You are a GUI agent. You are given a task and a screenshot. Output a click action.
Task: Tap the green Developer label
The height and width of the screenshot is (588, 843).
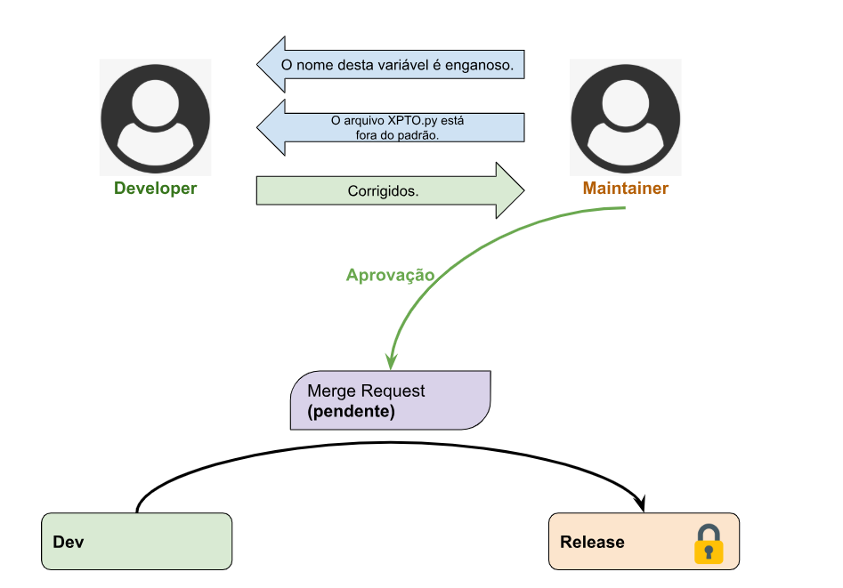tap(156, 189)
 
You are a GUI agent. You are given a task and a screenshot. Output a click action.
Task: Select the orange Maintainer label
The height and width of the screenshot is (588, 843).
tap(626, 189)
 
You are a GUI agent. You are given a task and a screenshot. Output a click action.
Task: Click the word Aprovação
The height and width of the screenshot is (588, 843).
tap(390, 275)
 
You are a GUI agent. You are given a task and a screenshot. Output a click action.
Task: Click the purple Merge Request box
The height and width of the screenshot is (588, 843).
tap(391, 401)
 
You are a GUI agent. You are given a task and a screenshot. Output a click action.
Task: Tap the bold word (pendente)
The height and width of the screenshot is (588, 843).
tap(351, 413)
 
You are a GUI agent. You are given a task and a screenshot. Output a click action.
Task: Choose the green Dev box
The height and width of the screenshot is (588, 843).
tap(136, 542)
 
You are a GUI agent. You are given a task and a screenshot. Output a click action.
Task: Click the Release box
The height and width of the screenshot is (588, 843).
tap(644, 542)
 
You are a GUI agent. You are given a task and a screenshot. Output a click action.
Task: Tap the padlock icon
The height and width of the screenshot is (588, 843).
tap(709, 544)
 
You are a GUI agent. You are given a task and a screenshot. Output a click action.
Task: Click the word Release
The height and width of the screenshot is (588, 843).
tap(592, 543)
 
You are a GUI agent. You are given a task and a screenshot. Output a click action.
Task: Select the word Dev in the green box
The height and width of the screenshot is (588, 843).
tap(69, 543)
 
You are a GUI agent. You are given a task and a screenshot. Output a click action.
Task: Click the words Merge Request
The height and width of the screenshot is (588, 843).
tap(366, 391)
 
